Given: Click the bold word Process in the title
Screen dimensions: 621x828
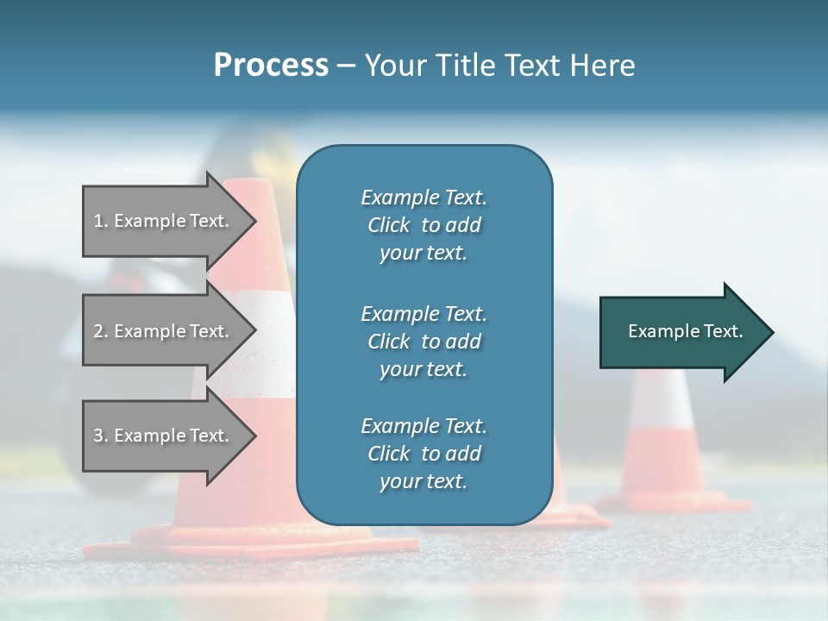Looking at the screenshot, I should (271, 66).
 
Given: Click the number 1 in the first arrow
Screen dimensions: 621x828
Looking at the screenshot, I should (97, 221).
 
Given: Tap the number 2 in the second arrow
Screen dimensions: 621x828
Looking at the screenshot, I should (98, 331).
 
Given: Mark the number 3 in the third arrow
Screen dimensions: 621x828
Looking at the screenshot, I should (98, 436).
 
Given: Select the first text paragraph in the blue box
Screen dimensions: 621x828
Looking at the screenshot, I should (423, 225).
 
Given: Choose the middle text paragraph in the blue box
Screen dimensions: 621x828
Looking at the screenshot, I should (423, 341).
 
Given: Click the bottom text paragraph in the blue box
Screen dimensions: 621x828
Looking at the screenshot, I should (423, 454).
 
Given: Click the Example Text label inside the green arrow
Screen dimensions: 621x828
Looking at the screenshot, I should (686, 331).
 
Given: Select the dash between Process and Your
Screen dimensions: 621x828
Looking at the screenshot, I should (346, 66).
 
